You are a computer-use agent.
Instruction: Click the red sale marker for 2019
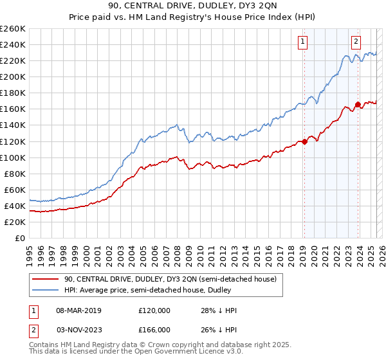[x=304, y=141]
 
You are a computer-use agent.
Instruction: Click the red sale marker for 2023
[x=357, y=104]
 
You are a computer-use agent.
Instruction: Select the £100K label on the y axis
[x=12, y=157]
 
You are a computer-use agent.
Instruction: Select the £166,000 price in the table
[x=154, y=330]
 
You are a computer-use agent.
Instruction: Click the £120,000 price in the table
[x=154, y=310]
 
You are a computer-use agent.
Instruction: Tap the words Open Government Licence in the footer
[x=178, y=353]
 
